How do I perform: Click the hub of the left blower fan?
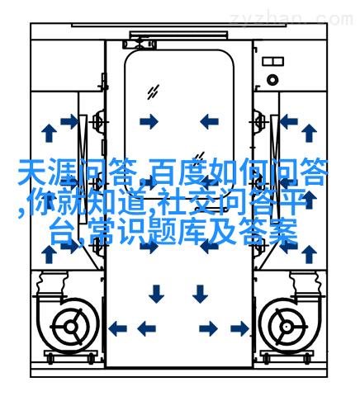pyautogui.click(x=71, y=328)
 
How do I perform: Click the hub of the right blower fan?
pyautogui.click(x=287, y=328)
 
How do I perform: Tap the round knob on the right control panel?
pyautogui.click(x=272, y=80)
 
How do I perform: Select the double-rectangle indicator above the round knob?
pyautogui.click(x=272, y=61)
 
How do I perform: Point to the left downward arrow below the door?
pyautogui.click(x=156, y=294)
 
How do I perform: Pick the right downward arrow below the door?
pyautogui.click(x=200, y=294)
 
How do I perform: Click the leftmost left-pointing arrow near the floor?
pyautogui.click(x=117, y=328)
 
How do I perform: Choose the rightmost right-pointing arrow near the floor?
pyautogui.click(x=239, y=328)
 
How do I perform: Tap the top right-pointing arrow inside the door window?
pyautogui.click(x=149, y=121)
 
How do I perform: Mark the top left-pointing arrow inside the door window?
pyautogui.click(x=209, y=121)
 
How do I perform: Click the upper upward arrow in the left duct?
pyautogui.click(x=49, y=133)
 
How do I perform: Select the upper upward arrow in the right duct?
pyautogui.click(x=309, y=133)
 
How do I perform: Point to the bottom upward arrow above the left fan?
pyautogui.click(x=49, y=254)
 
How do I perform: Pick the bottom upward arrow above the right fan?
pyautogui.click(x=309, y=254)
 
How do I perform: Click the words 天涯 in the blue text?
pyautogui.click(x=47, y=172)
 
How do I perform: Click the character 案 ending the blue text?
pyautogui.click(x=283, y=232)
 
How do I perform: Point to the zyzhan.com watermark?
pyautogui.click(x=291, y=19)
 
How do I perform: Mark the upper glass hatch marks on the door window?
pyautogui.click(x=153, y=92)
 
